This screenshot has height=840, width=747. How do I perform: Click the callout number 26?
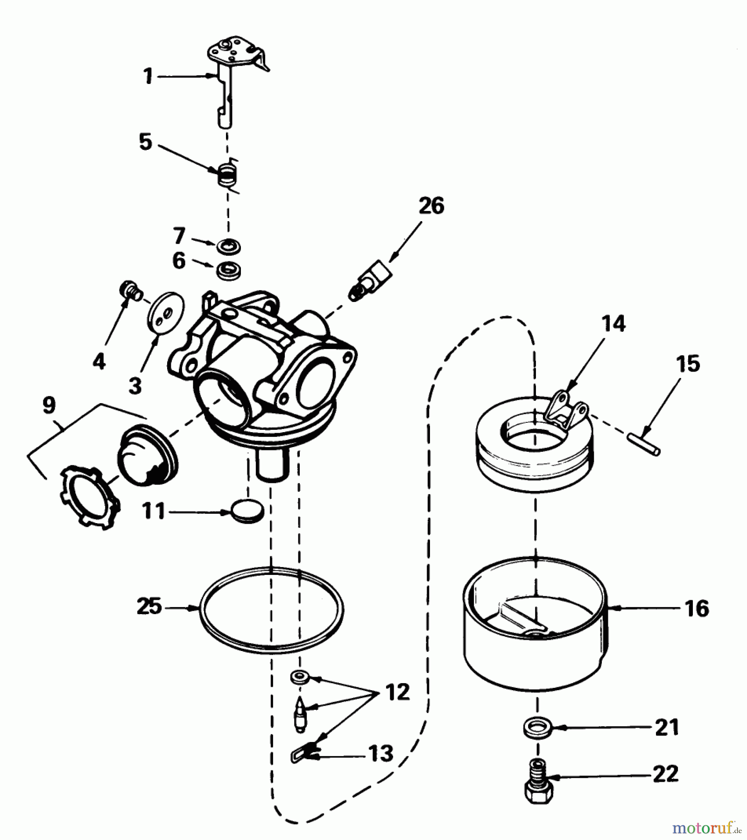pos(431,206)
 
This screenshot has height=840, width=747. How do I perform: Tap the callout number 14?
pos(613,323)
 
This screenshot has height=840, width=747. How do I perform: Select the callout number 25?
pos(149,607)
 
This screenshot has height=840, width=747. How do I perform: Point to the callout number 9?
pos(49,406)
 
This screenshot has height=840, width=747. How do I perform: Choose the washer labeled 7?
pos(229,246)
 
